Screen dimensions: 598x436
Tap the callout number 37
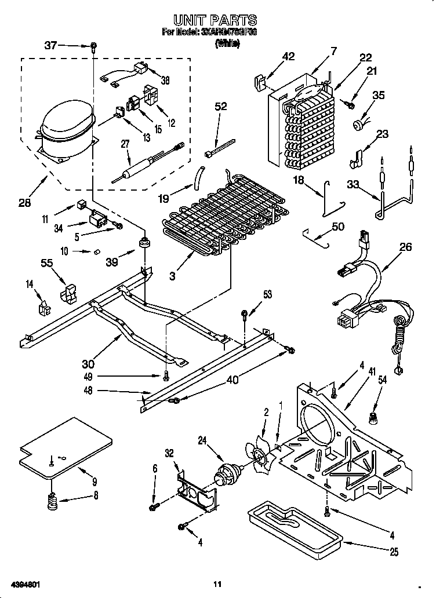[x=52, y=45]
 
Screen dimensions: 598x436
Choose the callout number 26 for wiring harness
[x=405, y=247]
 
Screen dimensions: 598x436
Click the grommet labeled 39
[x=143, y=240]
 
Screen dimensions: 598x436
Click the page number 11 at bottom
[x=217, y=584]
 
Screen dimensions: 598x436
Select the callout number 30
[x=88, y=364]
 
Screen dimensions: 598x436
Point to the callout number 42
[x=288, y=56]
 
